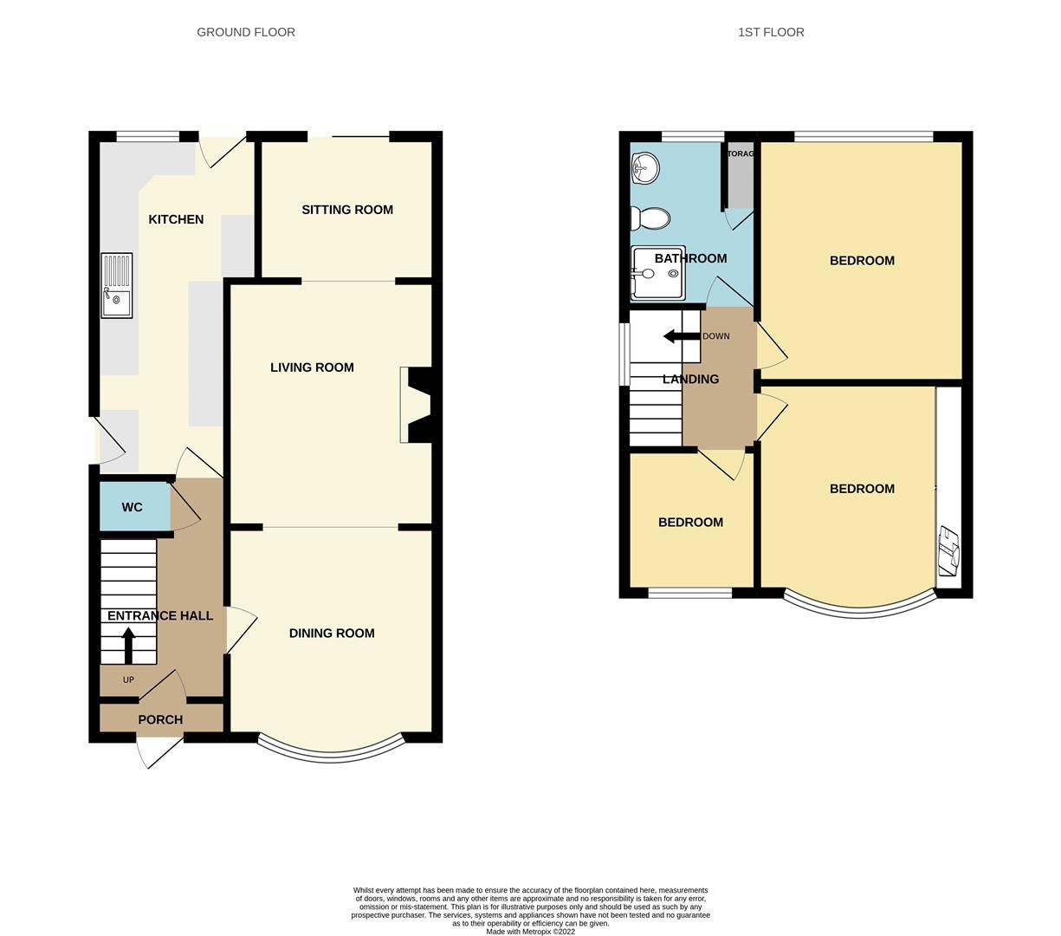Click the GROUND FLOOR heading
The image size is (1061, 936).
click(246, 32)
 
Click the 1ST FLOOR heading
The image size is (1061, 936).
click(771, 32)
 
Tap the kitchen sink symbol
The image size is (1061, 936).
click(117, 285)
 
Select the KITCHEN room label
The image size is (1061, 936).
click(176, 219)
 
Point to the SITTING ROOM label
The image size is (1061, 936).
click(347, 210)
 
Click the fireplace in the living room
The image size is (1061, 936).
click(417, 405)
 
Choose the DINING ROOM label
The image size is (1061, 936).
click(332, 634)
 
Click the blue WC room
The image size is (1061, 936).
click(133, 507)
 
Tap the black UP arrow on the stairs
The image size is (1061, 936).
click(128, 646)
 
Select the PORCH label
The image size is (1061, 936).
click(160, 719)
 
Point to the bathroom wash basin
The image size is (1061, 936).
click(644, 168)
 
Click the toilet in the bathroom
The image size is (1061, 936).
click(650, 218)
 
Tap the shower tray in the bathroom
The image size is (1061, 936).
click(657, 273)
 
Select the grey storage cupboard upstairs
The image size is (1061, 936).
click(740, 178)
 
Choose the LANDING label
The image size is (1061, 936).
click(690, 379)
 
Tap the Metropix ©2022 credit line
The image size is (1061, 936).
click(530, 932)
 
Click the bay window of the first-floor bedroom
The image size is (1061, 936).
click(860, 609)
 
